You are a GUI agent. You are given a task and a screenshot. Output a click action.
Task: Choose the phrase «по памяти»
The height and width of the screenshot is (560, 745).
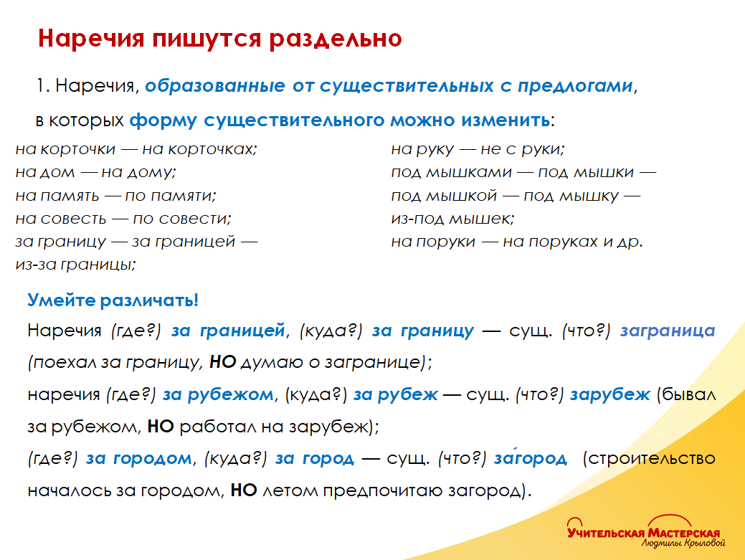coord(170,196)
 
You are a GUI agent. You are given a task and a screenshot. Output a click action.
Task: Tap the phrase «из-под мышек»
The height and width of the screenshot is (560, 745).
coord(452,219)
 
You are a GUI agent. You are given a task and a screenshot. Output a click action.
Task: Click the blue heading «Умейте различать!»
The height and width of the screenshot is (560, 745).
coord(113,300)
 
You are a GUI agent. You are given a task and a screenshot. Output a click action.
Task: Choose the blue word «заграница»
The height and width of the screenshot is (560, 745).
coord(668,331)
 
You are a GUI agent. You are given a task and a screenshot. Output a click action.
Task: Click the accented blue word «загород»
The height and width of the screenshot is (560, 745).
coord(530,458)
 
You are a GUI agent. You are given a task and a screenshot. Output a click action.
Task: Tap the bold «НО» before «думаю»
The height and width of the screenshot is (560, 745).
coord(223,362)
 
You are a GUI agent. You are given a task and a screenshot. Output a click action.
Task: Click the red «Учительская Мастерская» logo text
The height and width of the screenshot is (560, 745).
coord(642,532)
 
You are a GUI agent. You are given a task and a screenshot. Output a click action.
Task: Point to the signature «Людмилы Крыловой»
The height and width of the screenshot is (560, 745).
coord(680,544)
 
